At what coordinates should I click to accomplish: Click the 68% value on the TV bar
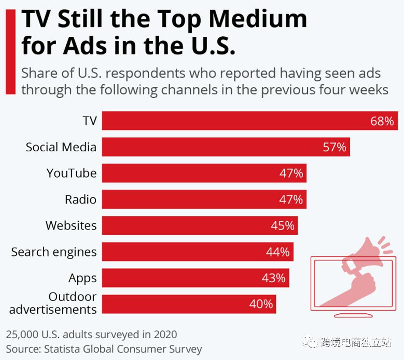(x=382, y=121)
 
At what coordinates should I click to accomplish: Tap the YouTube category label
(x=72, y=173)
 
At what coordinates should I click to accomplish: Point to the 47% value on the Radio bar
(x=291, y=200)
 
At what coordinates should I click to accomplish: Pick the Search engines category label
(x=54, y=252)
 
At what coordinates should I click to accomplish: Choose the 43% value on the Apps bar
(x=274, y=278)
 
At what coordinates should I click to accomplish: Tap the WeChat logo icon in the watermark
(x=311, y=342)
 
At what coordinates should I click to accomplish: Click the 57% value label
(x=335, y=147)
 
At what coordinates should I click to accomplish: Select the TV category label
(x=89, y=121)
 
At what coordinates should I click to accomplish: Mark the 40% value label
(x=261, y=304)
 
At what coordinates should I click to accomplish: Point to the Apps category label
(x=82, y=278)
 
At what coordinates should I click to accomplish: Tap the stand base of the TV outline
(x=354, y=315)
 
